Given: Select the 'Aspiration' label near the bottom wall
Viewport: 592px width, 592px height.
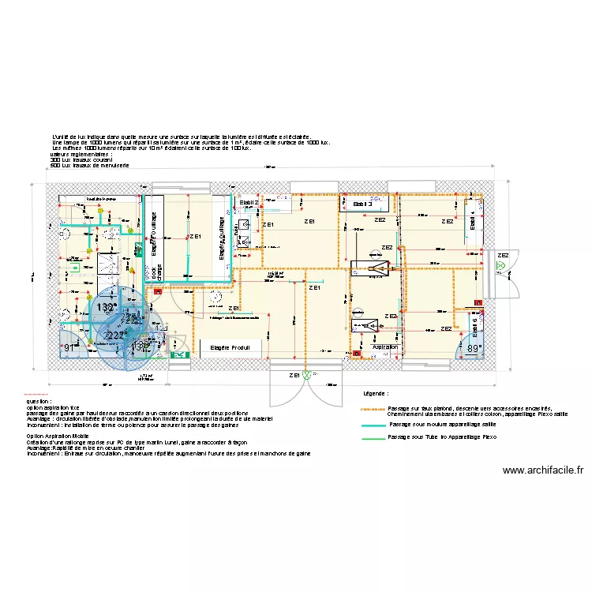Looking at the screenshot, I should (x=385, y=347).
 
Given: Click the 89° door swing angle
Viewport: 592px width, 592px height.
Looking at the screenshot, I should (x=474, y=348).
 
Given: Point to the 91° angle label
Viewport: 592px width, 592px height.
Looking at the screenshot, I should (x=69, y=347).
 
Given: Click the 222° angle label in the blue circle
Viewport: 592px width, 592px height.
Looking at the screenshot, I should (x=114, y=335).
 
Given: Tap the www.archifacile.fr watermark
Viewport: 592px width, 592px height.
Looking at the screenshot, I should (x=543, y=470).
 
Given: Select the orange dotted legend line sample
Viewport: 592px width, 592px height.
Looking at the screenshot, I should (x=373, y=409).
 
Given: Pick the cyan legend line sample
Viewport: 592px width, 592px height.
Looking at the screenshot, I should (x=373, y=425).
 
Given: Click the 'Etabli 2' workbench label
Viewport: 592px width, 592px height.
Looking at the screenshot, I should (x=249, y=203).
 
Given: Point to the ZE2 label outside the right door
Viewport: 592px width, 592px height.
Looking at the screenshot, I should (x=503, y=255).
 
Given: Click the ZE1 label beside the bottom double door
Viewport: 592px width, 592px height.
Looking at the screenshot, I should (x=295, y=374).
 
